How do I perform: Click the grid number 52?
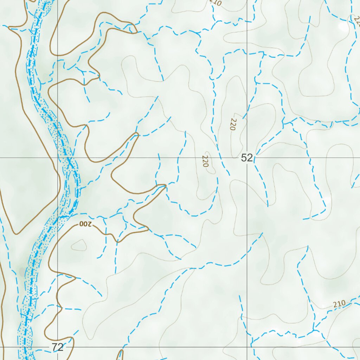coord(247,158)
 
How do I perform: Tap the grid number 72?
coord(58,347)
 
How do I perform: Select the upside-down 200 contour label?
coord(85,224)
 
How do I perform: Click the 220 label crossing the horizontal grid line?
coord(206,161)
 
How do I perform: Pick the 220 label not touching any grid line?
coord(233,124)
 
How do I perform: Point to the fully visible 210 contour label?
coord(340,304)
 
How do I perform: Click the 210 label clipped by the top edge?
coord(215,3)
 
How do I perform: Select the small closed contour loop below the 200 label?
coord(79,245)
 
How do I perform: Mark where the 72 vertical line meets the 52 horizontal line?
coord(58,158)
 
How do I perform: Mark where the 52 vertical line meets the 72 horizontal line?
coord(247,347)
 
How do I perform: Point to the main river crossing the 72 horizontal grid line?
coord(25,347)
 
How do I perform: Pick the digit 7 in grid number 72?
coord(55,347)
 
